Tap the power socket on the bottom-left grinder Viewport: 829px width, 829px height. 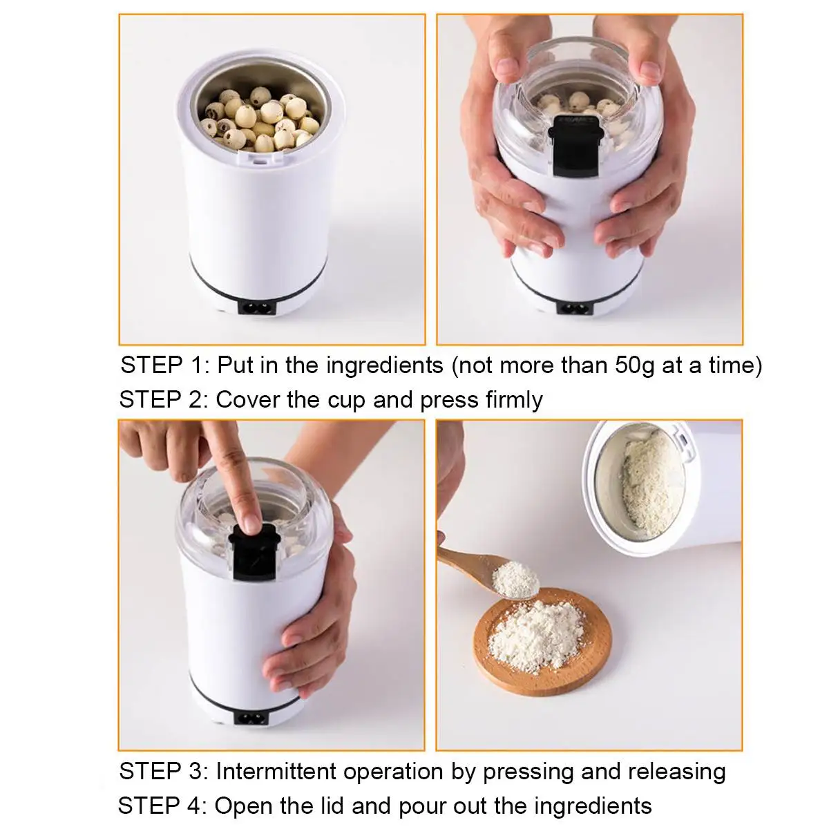254,718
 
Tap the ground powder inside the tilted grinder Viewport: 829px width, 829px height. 646,484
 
